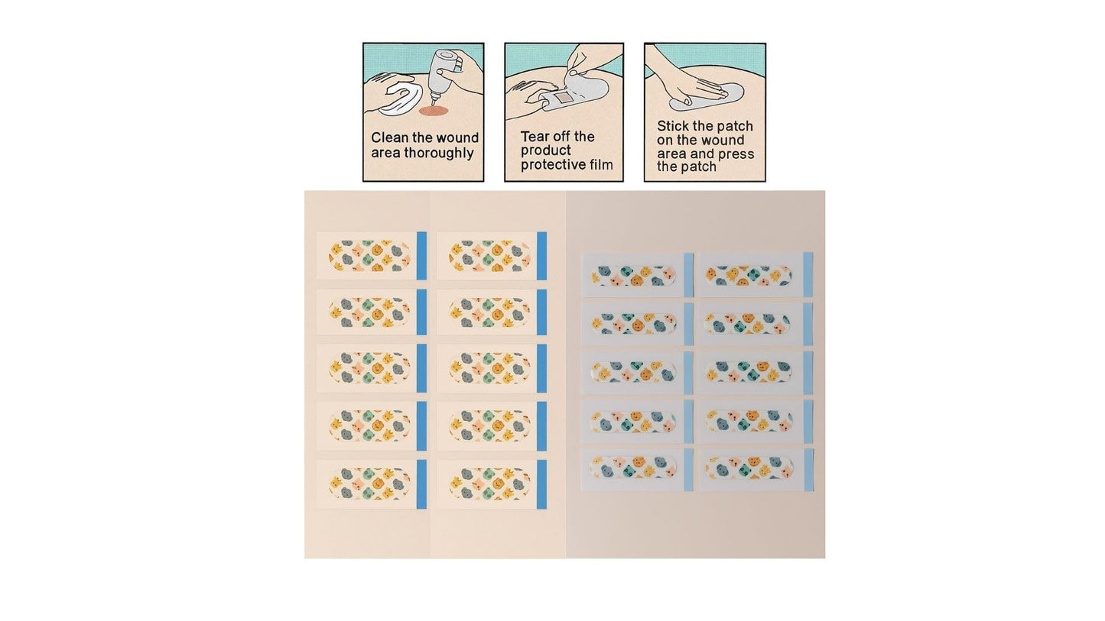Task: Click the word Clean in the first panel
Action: (x=386, y=137)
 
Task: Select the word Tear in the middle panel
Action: (x=535, y=136)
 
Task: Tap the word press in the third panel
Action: (x=736, y=154)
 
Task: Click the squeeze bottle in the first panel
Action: (x=444, y=74)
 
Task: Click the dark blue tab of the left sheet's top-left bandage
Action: (x=422, y=256)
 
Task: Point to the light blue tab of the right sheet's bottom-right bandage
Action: (x=808, y=470)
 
